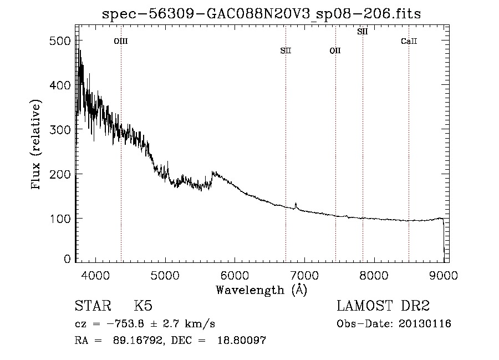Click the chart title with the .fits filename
[261, 14]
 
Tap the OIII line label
[121, 41]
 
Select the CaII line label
[409, 41]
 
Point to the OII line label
[335, 50]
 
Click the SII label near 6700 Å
[286, 50]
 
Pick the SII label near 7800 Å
[363, 32]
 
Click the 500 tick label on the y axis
[60, 40]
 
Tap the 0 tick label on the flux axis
[67, 259]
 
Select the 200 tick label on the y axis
[60, 174]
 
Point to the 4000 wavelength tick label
[95, 275]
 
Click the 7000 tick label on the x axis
[304, 275]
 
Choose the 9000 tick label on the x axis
[444, 275]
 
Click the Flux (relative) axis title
[36, 144]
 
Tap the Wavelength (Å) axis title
[262, 290]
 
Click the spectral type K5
[143, 306]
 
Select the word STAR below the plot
[93, 306]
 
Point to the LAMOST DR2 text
[383, 306]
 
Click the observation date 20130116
[425, 324]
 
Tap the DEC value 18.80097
[242, 340]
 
